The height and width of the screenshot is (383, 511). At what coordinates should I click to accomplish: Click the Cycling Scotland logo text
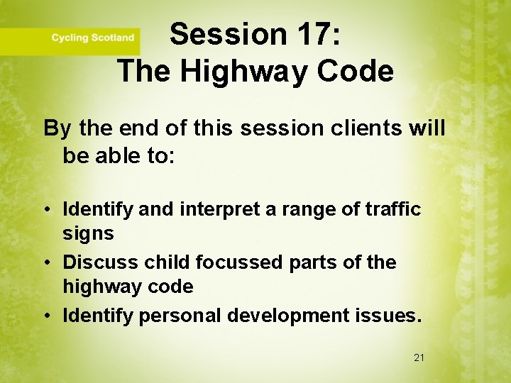click(92, 38)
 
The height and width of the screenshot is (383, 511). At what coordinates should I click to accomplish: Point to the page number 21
click(419, 357)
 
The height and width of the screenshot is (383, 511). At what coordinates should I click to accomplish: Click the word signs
click(88, 233)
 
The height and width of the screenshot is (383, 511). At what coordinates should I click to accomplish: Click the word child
click(167, 262)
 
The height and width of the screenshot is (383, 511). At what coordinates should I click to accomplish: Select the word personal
click(172, 316)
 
